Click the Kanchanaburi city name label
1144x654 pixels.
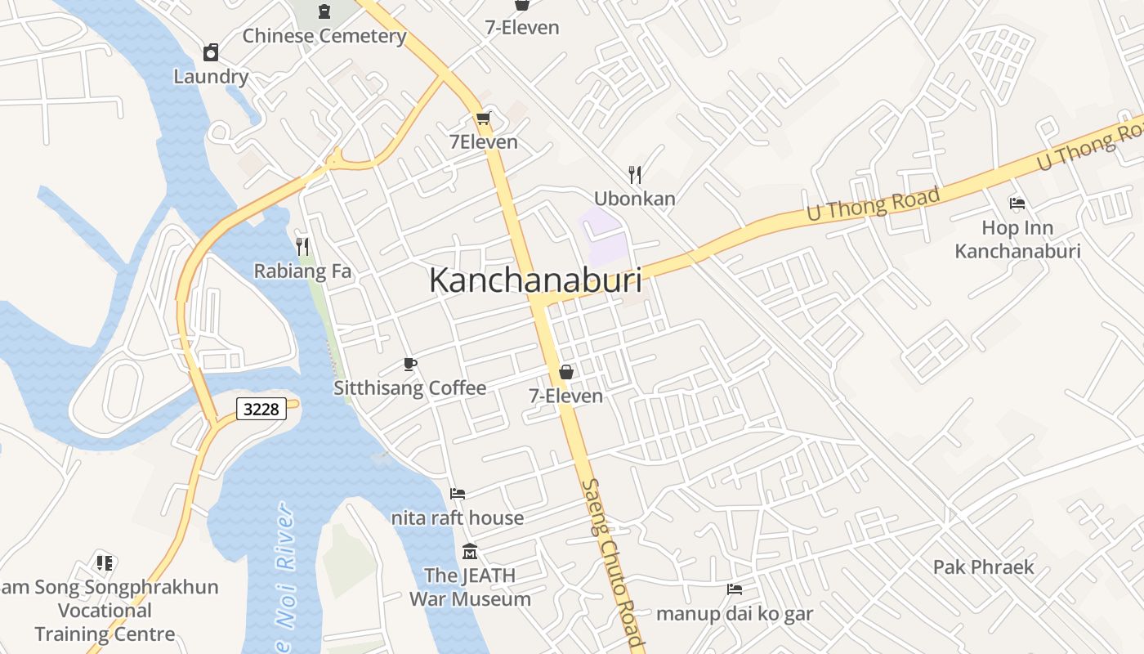[535, 280]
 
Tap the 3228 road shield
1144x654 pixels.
[261, 409]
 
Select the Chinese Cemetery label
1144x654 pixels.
[324, 36]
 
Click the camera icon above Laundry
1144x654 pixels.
[211, 53]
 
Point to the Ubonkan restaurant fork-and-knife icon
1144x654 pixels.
[635, 174]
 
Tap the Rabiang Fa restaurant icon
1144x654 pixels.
[302, 246]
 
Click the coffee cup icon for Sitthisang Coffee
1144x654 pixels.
[410, 364]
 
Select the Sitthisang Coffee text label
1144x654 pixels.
[409, 388]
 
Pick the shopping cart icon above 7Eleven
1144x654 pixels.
[483, 119]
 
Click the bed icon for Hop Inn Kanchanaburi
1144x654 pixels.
[1017, 204]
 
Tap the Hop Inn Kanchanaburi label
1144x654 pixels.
[1017, 239]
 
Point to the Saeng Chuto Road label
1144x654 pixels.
[613, 564]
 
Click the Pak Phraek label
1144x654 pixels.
[983, 567]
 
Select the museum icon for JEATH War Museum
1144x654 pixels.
[470, 552]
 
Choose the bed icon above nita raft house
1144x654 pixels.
[458, 494]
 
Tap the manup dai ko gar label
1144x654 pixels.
[735, 613]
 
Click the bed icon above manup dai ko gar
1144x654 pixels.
[735, 589]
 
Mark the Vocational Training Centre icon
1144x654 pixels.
[105, 562]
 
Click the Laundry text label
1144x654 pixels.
[211, 77]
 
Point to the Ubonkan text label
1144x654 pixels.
[635, 199]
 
